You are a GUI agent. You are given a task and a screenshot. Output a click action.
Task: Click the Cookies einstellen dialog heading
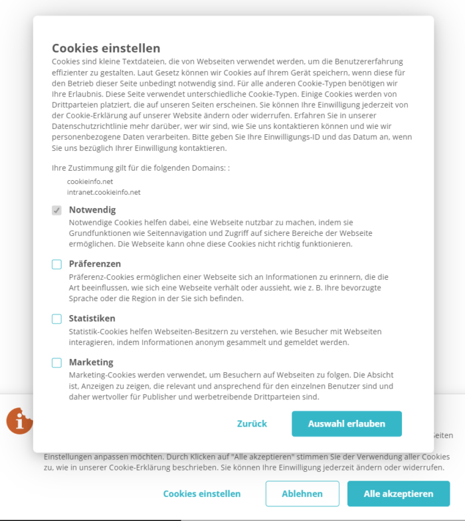[106, 48]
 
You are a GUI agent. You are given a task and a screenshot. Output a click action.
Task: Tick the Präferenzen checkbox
[57, 264]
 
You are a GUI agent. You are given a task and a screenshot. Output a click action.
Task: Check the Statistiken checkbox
[57, 319]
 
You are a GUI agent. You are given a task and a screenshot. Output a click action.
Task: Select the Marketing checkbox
[57, 363]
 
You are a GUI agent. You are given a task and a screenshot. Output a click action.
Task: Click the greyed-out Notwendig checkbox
[57, 210]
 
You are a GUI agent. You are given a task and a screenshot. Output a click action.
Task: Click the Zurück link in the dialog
[252, 424]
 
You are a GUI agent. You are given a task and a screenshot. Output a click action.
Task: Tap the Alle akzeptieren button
[398, 494]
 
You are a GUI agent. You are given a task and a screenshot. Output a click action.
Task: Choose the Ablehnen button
[302, 494]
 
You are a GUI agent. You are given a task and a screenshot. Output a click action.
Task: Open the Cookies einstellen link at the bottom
[202, 494]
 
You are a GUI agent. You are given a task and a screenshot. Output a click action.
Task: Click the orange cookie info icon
[20, 421]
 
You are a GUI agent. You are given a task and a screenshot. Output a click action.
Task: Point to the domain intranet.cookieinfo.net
[104, 192]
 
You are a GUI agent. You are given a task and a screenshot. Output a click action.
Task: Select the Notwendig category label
[92, 210]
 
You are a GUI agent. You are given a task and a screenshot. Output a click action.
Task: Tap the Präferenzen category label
[95, 264]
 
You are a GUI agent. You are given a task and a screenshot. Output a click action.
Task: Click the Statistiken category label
[92, 318]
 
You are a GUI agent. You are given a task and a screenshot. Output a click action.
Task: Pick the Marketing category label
[91, 362]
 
